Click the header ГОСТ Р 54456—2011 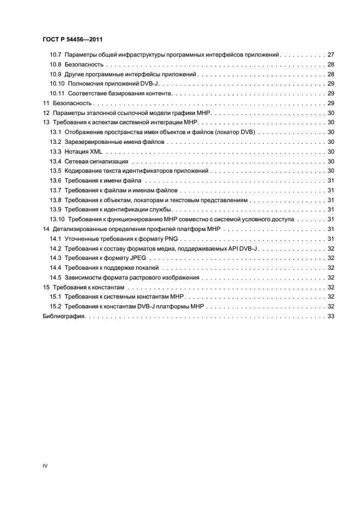[72, 39]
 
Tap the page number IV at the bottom [45, 466]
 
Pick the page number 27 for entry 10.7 [330, 56]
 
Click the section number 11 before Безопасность [45, 103]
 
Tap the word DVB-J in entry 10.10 [148, 84]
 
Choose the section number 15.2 [55, 306]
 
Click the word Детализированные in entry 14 [77, 229]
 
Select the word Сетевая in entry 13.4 [77, 161]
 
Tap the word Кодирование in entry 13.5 [83, 171]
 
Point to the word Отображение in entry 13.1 [84, 132]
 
